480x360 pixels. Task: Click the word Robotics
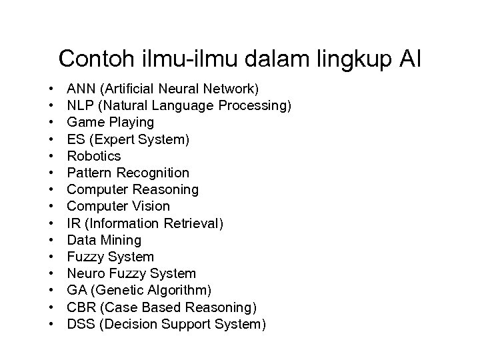94,156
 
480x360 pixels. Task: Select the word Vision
147,206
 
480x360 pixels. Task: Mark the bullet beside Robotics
50,156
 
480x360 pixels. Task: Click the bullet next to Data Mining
50,240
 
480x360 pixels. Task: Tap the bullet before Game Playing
50,122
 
